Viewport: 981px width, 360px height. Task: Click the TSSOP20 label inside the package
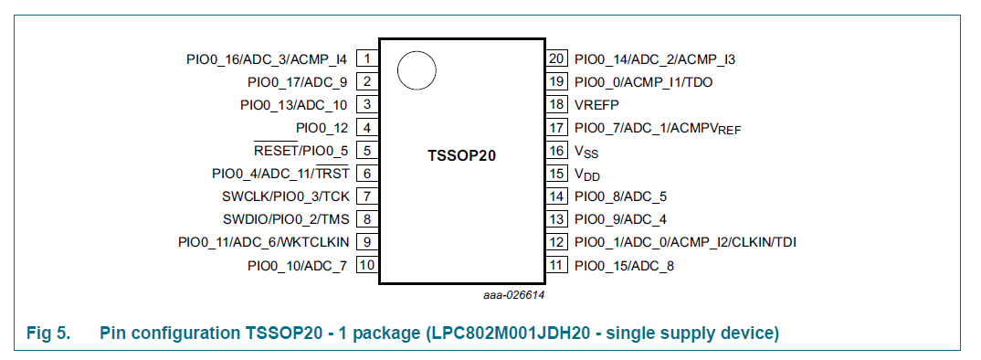pyautogui.click(x=461, y=154)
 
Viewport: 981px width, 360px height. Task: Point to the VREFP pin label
pyautogui.click(x=596, y=105)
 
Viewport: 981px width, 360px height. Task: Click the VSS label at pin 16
pyautogui.click(x=585, y=151)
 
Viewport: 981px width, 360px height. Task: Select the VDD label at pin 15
pyautogui.click(x=586, y=174)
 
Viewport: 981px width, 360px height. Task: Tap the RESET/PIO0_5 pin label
pyautogui.click(x=301, y=151)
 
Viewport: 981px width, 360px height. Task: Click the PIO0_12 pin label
pyautogui.click(x=322, y=128)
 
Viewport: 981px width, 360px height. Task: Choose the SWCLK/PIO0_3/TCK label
pyautogui.click(x=285, y=196)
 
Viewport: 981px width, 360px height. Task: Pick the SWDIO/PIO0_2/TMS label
pyautogui.click(x=285, y=219)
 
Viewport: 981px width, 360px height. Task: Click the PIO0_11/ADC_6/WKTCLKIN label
pyautogui.click(x=263, y=242)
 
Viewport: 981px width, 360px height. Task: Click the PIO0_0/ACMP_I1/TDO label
pyautogui.click(x=643, y=82)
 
